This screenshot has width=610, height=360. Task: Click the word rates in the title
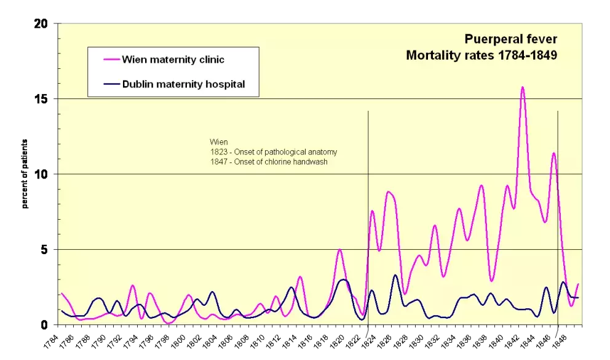click(476, 55)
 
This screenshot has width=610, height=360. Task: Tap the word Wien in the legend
click(135, 60)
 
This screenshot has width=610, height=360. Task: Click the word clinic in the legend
click(209, 60)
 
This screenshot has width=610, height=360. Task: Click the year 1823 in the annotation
click(218, 152)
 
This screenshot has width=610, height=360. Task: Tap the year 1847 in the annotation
click(218, 162)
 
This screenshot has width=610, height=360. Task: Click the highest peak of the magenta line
click(523, 87)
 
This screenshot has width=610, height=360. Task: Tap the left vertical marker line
click(368, 185)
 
